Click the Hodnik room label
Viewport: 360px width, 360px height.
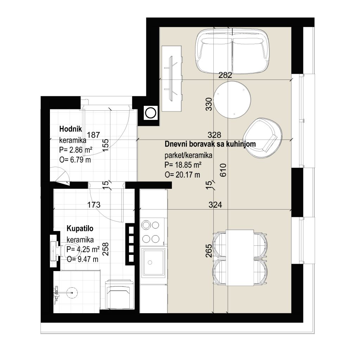point(70,129)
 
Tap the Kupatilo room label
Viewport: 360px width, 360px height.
point(80,229)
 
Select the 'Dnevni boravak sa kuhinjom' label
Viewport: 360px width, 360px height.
point(210,144)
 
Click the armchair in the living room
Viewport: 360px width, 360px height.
point(263,138)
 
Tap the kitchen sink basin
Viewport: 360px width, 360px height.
point(153,262)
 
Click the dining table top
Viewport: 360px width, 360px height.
point(240,257)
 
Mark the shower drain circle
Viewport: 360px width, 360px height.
point(72,293)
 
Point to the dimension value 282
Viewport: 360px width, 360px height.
point(225,75)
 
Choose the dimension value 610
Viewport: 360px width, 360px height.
point(223,170)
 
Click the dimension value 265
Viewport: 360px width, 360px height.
point(209,250)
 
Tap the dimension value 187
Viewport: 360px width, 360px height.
point(94,135)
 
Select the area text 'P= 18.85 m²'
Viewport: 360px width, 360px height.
point(183,165)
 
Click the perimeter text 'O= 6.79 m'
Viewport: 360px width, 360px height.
point(75,160)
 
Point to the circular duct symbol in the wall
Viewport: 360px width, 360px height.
point(151,113)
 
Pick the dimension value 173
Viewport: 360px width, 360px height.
point(94,204)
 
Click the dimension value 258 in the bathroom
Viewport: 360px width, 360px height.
point(105,249)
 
